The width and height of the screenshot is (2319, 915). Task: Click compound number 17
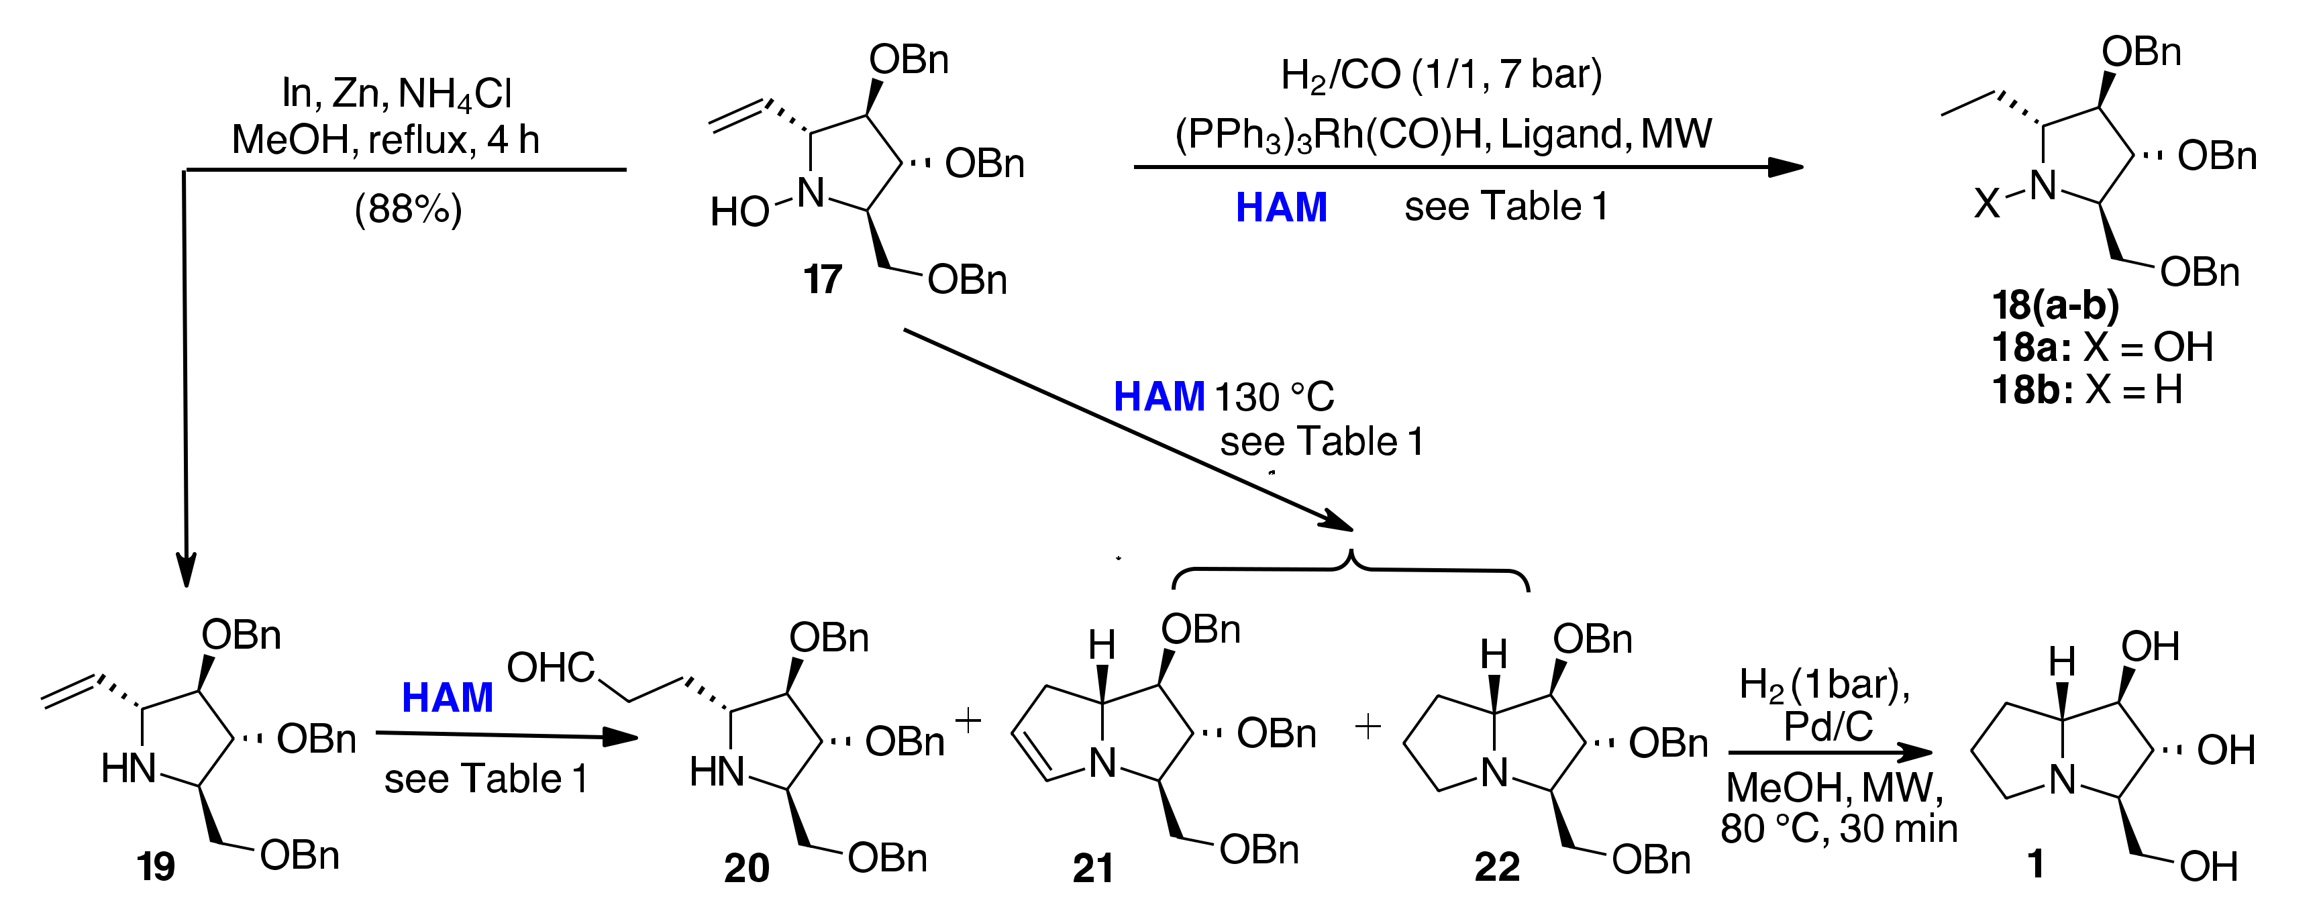pos(822,280)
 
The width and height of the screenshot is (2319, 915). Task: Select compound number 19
pos(155,867)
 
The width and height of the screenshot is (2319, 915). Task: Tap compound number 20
pos(746,868)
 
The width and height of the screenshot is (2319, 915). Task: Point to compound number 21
pos(1093,868)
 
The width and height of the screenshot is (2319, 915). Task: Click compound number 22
pos(1497,867)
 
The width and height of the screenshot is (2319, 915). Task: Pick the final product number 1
pos(2035,865)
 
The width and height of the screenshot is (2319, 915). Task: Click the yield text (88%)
pos(408,209)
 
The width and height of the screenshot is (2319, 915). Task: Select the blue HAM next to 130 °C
pos(1159,396)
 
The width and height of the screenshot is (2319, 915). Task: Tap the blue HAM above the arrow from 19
pos(448,697)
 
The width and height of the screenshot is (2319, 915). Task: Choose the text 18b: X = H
pos(2087,390)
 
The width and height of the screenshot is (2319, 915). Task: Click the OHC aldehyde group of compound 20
pos(550,667)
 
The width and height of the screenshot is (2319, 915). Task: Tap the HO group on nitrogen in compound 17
pos(739,213)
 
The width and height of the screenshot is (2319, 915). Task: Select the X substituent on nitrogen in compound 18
pos(1986,205)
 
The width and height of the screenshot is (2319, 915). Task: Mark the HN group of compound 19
pos(129,769)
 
